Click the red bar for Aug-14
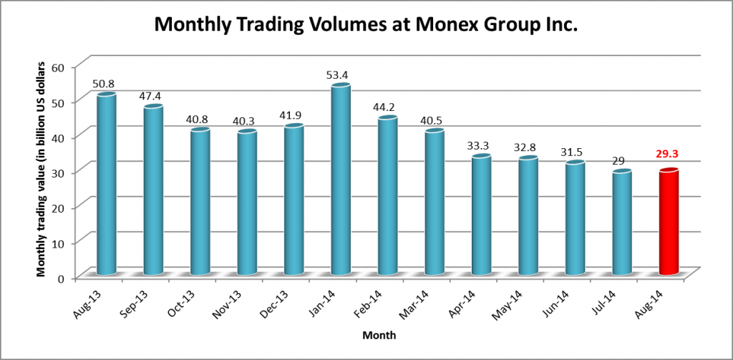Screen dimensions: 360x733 669,223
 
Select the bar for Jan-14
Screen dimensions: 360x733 340,180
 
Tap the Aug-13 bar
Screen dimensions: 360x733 106,185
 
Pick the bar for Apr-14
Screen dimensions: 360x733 481,215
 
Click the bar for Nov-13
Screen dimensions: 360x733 246,203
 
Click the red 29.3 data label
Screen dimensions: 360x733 669,154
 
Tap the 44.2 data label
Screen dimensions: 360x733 387,107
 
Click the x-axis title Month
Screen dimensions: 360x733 379,335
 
